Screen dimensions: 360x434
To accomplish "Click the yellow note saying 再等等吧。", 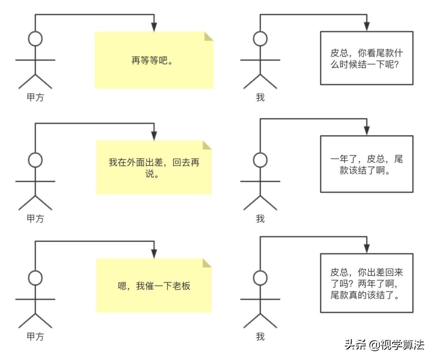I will (x=154, y=60).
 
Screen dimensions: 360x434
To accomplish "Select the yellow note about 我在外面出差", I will (x=154, y=168).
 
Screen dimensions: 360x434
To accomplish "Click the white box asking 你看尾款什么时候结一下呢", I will (x=366, y=58).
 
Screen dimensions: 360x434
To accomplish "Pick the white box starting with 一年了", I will (x=366, y=164).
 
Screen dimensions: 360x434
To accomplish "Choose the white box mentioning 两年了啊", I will (x=366, y=283).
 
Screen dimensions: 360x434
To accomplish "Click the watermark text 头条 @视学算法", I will (x=384, y=345).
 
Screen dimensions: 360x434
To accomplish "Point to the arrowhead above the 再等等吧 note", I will (x=154, y=27).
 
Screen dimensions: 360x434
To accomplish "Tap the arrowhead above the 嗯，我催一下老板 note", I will (x=154, y=254).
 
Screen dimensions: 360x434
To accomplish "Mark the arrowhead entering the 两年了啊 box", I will (x=366, y=249).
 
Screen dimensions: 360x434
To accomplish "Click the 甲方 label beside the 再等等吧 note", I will (x=35, y=98).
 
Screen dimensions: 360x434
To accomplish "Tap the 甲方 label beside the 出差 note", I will (x=35, y=219).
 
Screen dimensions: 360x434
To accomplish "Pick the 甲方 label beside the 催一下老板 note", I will (x=35, y=336).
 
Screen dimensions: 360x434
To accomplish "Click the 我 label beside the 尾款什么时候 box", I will (x=260, y=98).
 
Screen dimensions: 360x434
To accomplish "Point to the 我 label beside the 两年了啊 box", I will (x=260, y=336).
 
